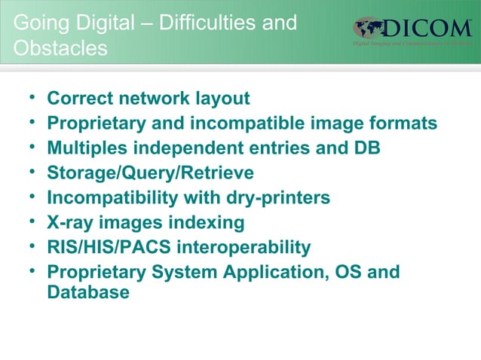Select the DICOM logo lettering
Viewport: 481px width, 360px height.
[429, 29]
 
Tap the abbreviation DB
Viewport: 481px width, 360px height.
[366, 148]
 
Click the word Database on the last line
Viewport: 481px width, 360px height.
[88, 292]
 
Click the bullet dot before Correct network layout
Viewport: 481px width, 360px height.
[31, 99]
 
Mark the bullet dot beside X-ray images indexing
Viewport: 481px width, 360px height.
[31, 223]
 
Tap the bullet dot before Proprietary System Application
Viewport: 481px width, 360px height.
[31, 272]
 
